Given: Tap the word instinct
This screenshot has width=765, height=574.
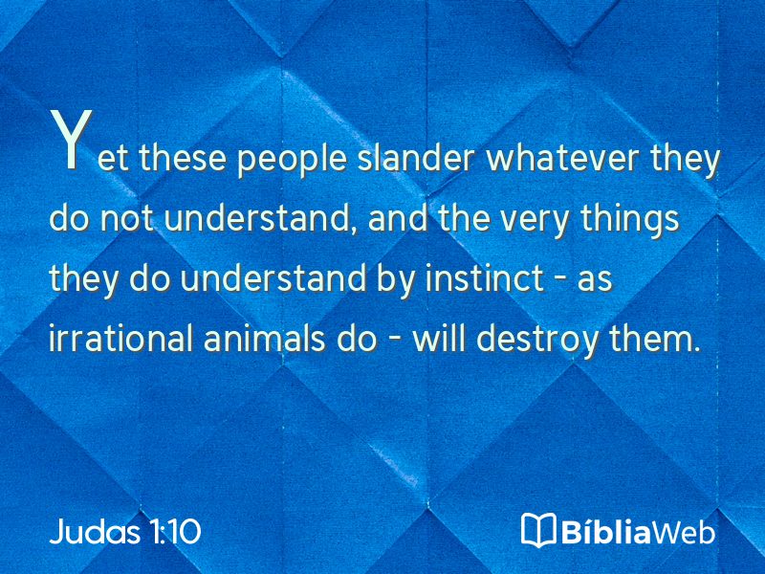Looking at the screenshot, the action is (485, 278).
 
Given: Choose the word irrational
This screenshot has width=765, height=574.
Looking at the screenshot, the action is (121, 338).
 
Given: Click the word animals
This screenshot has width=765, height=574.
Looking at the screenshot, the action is (265, 338).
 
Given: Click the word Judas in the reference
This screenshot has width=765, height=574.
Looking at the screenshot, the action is (95, 531).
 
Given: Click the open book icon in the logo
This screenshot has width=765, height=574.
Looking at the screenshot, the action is (538, 529).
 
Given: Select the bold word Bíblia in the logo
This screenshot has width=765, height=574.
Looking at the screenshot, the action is (606, 531).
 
